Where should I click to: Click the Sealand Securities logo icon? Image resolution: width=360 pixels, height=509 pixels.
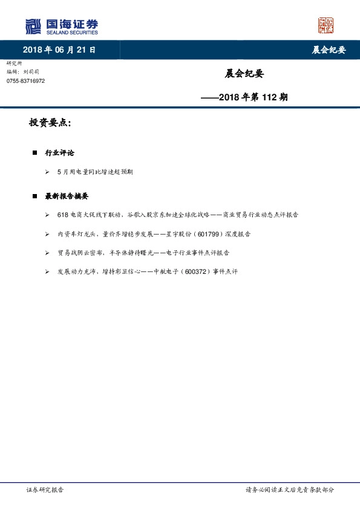point(33,27)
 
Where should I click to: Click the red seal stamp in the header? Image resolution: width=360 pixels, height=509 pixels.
point(326,25)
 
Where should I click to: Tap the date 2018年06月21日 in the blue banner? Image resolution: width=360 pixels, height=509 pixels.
point(59,50)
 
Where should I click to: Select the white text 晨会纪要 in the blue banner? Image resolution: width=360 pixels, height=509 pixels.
point(329,50)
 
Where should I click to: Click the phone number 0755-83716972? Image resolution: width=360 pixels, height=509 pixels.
point(25,81)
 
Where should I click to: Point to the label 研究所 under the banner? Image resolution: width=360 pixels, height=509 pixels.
point(13,63)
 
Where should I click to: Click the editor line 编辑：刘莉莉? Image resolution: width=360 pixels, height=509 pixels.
point(24,72)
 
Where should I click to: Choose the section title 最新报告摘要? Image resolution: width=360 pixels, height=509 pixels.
point(67,196)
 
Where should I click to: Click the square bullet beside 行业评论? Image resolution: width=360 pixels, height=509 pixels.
point(35,153)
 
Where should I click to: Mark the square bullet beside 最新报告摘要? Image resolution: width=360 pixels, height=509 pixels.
point(35,196)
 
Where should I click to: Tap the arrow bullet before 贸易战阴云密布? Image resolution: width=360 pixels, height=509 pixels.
point(47,253)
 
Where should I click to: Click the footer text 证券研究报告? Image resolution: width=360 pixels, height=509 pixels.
point(45,490)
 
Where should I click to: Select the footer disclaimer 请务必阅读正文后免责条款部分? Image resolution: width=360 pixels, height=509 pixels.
point(289,490)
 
